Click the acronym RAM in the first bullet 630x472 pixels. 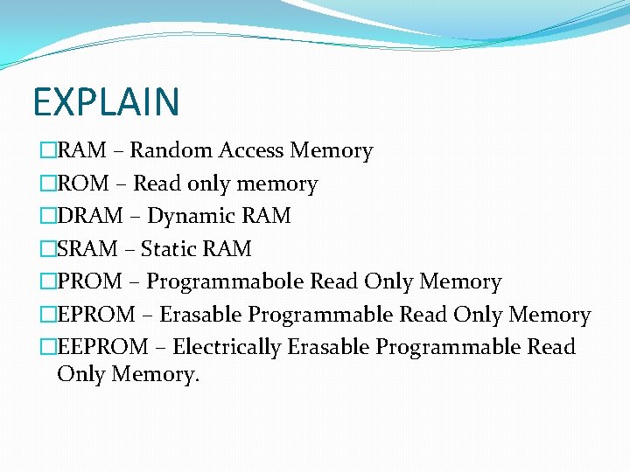(x=82, y=151)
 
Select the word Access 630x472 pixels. (x=250, y=151)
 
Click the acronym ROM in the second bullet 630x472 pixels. (x=83, y=184)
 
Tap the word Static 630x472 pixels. (x=169, y=249)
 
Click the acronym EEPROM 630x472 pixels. (x=102, y=347)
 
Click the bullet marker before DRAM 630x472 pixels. (x=47, y=216)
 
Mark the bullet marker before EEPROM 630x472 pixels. (x=47, y=347)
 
